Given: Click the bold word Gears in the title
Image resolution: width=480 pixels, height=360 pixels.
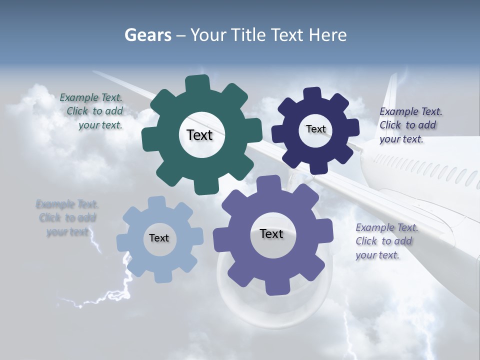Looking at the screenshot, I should [147, 35].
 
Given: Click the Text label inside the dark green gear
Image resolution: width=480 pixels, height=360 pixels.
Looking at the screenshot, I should [199, 135].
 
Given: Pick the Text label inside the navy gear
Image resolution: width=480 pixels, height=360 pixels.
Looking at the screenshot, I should [315, 129].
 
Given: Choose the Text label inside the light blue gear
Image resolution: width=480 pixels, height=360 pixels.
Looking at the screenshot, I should [159, 238].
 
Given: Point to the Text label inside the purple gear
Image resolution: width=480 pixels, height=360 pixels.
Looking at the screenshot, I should [271, 234].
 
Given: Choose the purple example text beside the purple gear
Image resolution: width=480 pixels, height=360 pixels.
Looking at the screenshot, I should [385, 241].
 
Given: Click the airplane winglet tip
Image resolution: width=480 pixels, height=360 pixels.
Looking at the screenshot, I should [393, 80].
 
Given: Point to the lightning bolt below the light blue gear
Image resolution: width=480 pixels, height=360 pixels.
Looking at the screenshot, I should [120, 290].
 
